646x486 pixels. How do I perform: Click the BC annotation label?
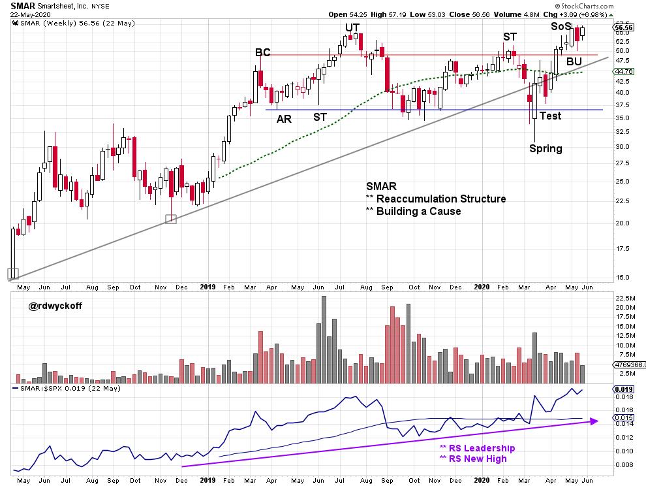[263, 53]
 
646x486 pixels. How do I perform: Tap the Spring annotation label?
[546, 148]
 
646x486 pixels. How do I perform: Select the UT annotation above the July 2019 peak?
[353, 27]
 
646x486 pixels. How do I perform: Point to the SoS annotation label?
[561, 27]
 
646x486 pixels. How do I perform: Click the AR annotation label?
[284, 119]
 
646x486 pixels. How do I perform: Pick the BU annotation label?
[574, 61]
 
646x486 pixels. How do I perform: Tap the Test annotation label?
[550, 116]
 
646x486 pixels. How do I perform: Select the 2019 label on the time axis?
[208, 287]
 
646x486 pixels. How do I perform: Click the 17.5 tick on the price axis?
[623, 249]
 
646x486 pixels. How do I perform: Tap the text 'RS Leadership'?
[477, 448]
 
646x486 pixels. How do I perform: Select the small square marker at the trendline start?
[13, 274]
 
